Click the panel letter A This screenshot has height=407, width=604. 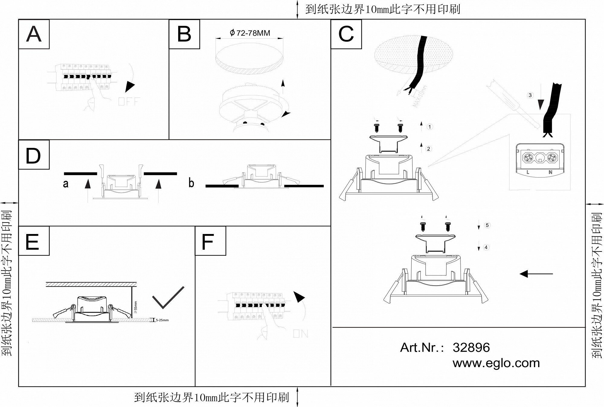pyautogui.click(x=34, y=34)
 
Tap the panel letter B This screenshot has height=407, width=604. pyautogui.click(x=184, y=34)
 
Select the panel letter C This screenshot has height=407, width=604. pyautogui.click(x=346, y=34)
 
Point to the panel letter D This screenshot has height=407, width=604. pyautogui.click(x=33, y=156)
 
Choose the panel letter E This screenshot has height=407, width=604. pyautogui.click(x=32, y=242)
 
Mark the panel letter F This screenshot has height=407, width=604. pyautogui.click(x=208, y=242)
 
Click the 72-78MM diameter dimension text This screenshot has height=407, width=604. pyautogui.click(x=250, y=33)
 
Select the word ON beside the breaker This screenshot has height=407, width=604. pyautogui.click(x=300, y=334)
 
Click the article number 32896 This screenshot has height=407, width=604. pyautogui.click(x=471, y=348)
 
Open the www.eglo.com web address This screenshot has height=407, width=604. pyautogui.click(x=496, y=363)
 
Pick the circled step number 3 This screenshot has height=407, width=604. pyautogui.click(x=530, y=95)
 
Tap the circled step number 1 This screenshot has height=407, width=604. pyautogui.click(x=430, y=127)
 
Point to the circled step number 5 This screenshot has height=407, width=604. pyautogui.click(x=487, y=225)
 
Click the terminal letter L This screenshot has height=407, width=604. pyautogui.click(x=528, y=172)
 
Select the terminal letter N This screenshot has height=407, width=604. pyautogui.click(x=550, y=172)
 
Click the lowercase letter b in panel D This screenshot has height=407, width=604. pyautogui.click(x=191, y=183)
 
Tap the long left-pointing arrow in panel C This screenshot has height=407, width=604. pyautogui.click(x=536, y=274)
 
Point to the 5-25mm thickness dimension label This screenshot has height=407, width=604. pyautogui.click(x=162, y=320)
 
